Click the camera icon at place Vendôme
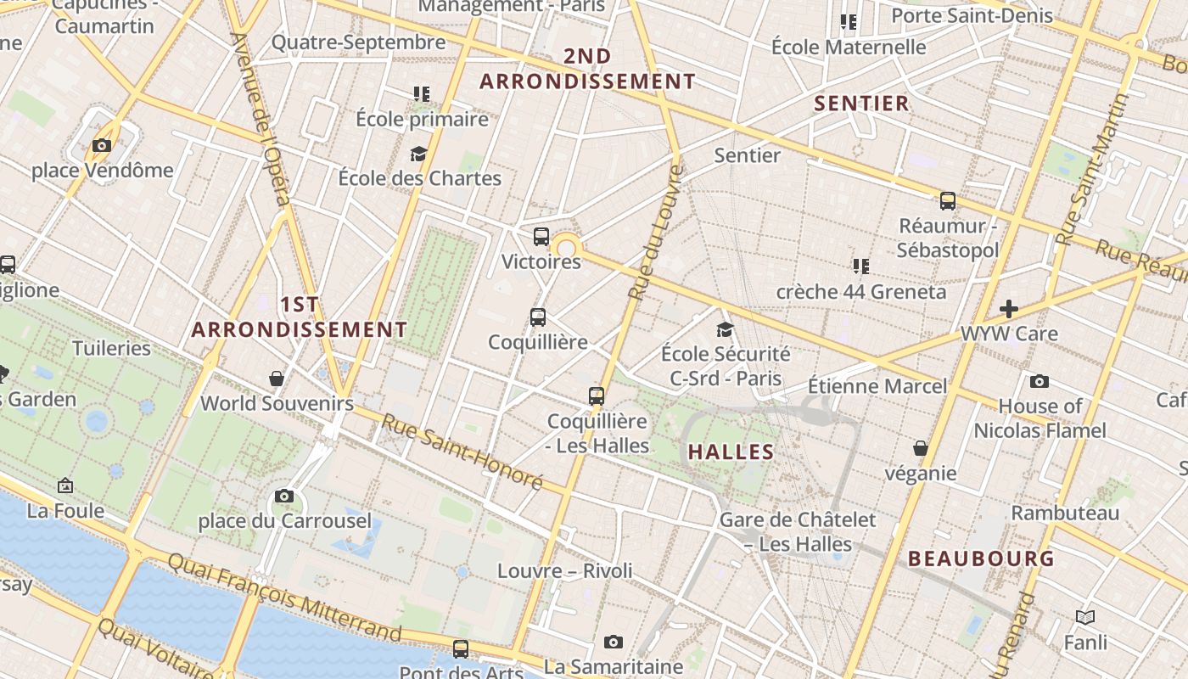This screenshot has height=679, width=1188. pyautogui.click(x=102, y=146)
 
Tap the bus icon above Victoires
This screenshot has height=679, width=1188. pyautogui.click(x=541, y=238)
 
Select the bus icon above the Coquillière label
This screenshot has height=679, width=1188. pyautogui.click(x=538, y=317)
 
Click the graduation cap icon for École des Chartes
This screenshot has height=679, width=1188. pyautogui.click(x=418, y=154)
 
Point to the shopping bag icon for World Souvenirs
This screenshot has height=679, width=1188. pyautogui.click(x=277, y=378)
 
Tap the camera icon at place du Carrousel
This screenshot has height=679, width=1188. pyautogui.click(x=284, y=497)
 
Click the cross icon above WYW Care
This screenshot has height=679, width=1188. pyautogui.click(x=1009, y=308)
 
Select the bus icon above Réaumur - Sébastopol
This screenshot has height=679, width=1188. pyautogui.click(x=948, y=201)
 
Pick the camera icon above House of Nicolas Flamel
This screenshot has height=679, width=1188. pyautogui.click(x=1039, y=382)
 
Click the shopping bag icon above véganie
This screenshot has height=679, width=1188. pyautogui.click(x=921, y=448)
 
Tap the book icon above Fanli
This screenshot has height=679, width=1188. pyautogui.click(x=1085, y=617)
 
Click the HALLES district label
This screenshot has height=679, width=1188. pyautogui.click(x=731, y=452)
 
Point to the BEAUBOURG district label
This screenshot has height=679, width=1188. pyautogui.click(x=982, y=558)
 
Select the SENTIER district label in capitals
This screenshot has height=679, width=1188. pyautogui.click(x=861, y=104)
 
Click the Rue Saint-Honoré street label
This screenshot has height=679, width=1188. pyautogui.click(x=461, y=452)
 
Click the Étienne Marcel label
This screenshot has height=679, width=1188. pyautogui.click(x=877, y=386)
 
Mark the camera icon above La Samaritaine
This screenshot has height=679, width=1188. pyautogui.click(x=614, y=643)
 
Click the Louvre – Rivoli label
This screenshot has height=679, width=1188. pyautogui.click(x=564, y=570)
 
